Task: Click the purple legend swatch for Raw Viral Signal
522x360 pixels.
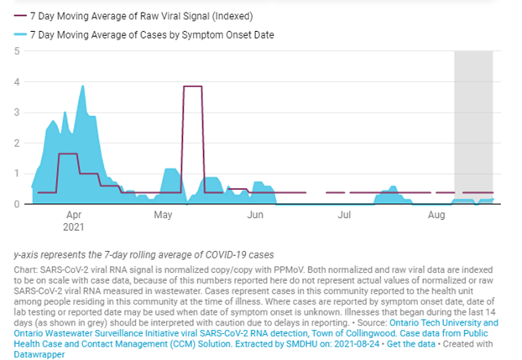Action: [x=18, y=16]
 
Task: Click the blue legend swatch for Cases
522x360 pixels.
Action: [x=18, y=34]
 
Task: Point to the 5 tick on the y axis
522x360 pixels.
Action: [x=17, y=51]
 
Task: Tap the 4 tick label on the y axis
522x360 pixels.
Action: [x=17, y=82]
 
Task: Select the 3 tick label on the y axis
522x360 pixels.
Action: [x=17, y=112]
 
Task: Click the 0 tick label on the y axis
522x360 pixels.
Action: [x=17, y=204]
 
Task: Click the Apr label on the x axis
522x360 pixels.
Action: [x=73, y=216]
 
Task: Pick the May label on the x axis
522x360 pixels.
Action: [x=164, y=216]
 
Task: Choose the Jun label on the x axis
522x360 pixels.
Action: [x=256, y=216]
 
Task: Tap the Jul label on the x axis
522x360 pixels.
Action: [x=344, y=216]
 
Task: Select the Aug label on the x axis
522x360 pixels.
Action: [x=436, y=216]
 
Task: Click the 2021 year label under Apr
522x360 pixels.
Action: [x=74, y=227]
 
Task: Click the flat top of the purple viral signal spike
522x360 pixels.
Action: [x=193, y=86]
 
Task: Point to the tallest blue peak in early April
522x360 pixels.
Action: [x=82, y=86]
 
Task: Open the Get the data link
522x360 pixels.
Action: [x=406, y=343]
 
